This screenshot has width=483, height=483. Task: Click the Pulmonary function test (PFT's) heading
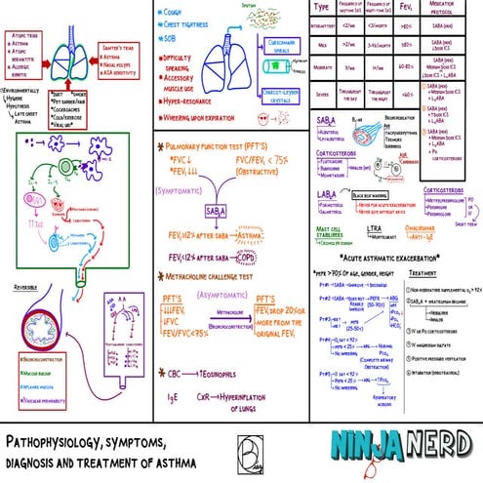(x=218, y=144)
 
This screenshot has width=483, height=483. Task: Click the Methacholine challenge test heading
(x=223, y=277)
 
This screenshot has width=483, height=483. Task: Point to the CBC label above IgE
(x=177, y=372)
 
